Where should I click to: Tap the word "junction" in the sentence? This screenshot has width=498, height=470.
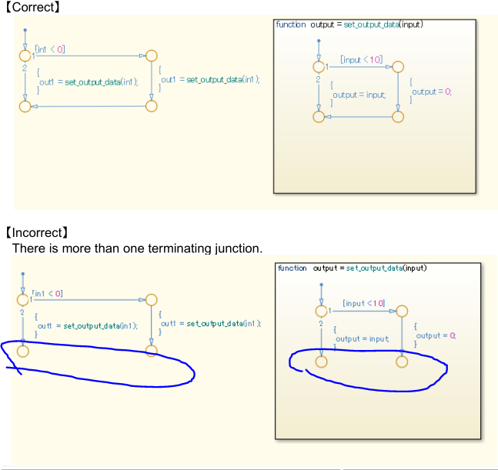coord(237,247)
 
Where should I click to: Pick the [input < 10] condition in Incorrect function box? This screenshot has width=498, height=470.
coord(363,303)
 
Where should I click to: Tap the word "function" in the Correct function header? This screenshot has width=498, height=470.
coord(291,25)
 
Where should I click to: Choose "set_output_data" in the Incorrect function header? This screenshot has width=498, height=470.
coord(374,268)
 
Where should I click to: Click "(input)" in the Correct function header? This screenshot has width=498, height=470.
coord(411,25)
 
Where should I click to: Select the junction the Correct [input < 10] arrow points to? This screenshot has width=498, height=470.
coord(398,67)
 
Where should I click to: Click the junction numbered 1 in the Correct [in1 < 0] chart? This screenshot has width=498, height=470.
coord(26,55)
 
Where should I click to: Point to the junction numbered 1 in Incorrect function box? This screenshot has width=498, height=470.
coord(320,311)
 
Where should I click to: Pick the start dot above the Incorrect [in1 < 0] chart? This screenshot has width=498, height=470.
coord(24,274)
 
